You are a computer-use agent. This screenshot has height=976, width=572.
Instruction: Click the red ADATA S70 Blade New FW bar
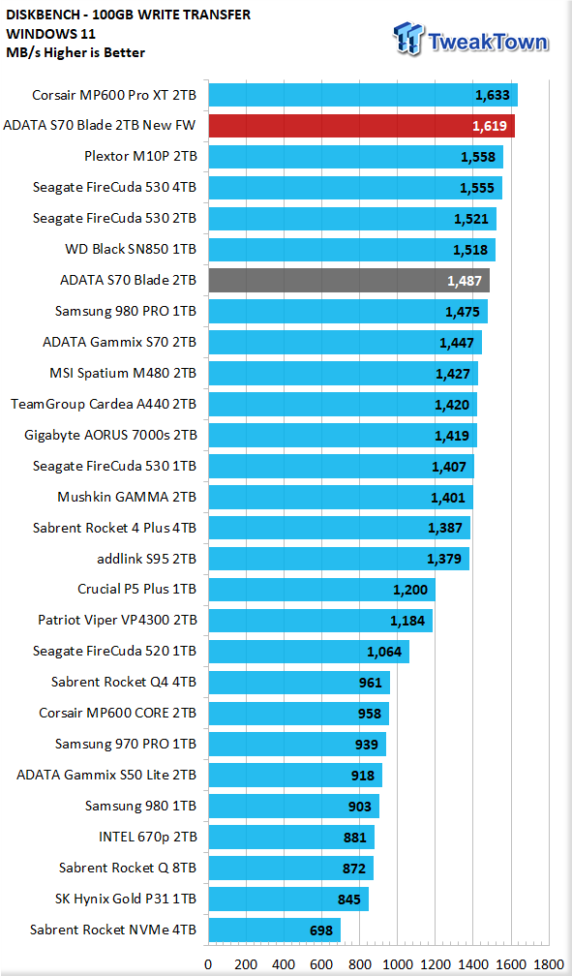[362, 126]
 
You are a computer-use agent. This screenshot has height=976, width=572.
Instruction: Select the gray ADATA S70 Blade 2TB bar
[348, 280]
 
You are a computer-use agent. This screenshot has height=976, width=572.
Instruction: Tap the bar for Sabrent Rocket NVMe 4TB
[275, 930]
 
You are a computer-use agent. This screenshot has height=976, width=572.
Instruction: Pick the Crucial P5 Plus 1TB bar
[321, 590]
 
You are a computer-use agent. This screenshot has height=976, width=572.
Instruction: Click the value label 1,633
[493, 95]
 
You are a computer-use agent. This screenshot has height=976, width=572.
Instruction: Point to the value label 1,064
[384, 652]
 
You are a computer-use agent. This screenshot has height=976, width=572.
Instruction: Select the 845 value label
[349, 900]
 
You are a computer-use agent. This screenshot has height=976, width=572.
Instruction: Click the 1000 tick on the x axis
[397, 964]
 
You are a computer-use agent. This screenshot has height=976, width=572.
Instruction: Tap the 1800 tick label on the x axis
[549, 964]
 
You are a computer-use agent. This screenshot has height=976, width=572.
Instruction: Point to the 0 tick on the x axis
[208, 964]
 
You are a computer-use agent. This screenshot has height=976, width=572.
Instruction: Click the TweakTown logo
[470, 39]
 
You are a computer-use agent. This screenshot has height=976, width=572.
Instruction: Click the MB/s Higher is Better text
[75, 53]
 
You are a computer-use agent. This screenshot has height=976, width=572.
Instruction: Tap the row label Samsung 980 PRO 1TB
[126, 311]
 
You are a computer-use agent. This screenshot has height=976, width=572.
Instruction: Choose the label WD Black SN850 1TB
[131, 249]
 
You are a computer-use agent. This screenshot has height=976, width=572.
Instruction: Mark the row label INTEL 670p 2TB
[148, 838]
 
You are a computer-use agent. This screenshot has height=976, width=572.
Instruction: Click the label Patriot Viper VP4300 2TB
[118, 620]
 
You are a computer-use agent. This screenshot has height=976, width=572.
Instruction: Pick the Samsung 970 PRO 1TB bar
[297, 745]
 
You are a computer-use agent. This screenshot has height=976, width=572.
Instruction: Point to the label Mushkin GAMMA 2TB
[127, 497]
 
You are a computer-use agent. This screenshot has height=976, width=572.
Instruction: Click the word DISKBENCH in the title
[41, 15]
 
